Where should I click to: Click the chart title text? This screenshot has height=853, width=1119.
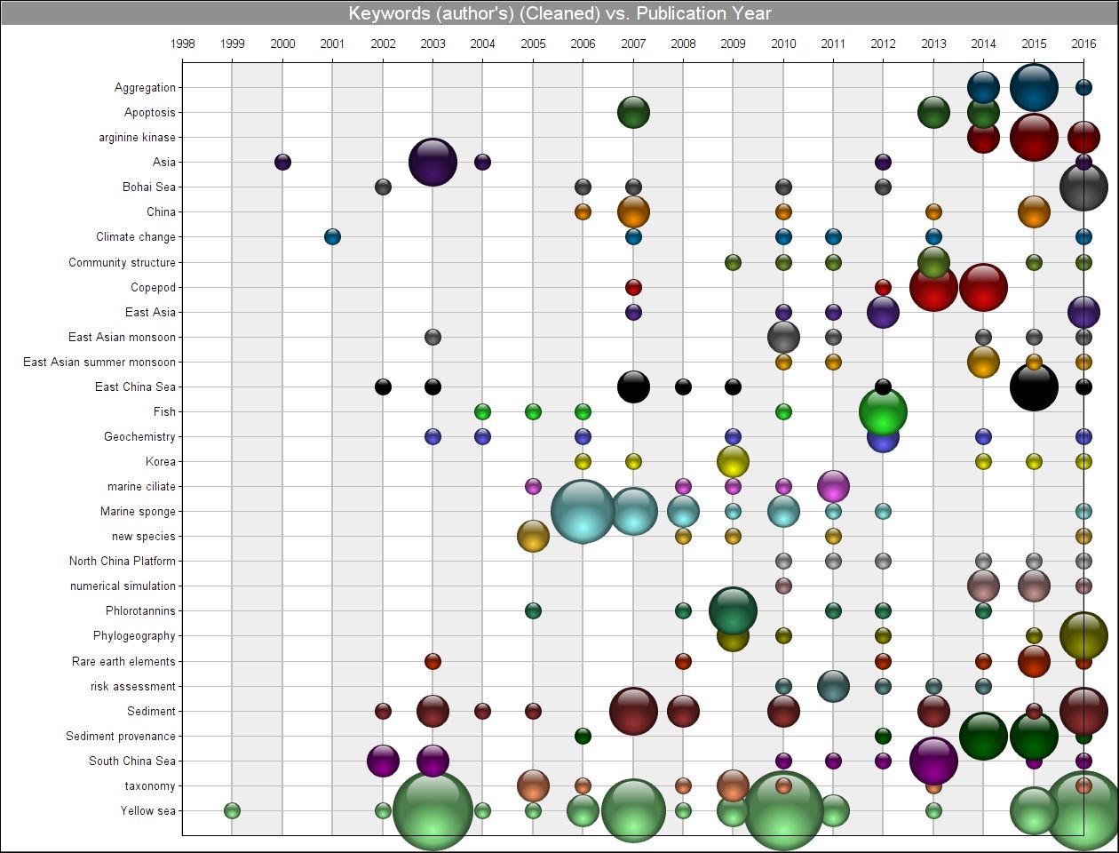559,13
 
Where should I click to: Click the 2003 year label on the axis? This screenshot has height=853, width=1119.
433,44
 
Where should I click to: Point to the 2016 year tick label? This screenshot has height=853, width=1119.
1083,44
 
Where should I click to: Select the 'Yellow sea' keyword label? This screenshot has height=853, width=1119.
148,810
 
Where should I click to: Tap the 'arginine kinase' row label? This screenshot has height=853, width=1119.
137,138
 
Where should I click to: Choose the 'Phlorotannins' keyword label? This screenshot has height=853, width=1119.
140,611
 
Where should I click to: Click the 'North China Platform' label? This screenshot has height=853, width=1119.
123,561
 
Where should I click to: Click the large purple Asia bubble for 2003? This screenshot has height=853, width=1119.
433,163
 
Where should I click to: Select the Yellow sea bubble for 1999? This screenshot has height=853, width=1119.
233,810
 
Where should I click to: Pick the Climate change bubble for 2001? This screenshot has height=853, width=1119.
332,237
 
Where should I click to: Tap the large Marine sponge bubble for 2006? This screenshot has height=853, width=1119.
583,511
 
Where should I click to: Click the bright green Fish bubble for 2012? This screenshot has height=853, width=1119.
883,411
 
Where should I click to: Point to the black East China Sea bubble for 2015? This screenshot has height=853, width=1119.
1034,387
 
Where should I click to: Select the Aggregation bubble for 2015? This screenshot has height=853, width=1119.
1034,87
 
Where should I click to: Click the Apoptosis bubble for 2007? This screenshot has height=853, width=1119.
633,113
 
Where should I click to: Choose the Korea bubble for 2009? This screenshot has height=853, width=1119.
733,461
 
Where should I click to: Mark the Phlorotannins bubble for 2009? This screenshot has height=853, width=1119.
733,610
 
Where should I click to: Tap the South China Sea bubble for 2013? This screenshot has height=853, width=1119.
933,761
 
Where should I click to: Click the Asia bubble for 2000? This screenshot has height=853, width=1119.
282,162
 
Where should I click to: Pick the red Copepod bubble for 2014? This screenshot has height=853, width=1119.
983,287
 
